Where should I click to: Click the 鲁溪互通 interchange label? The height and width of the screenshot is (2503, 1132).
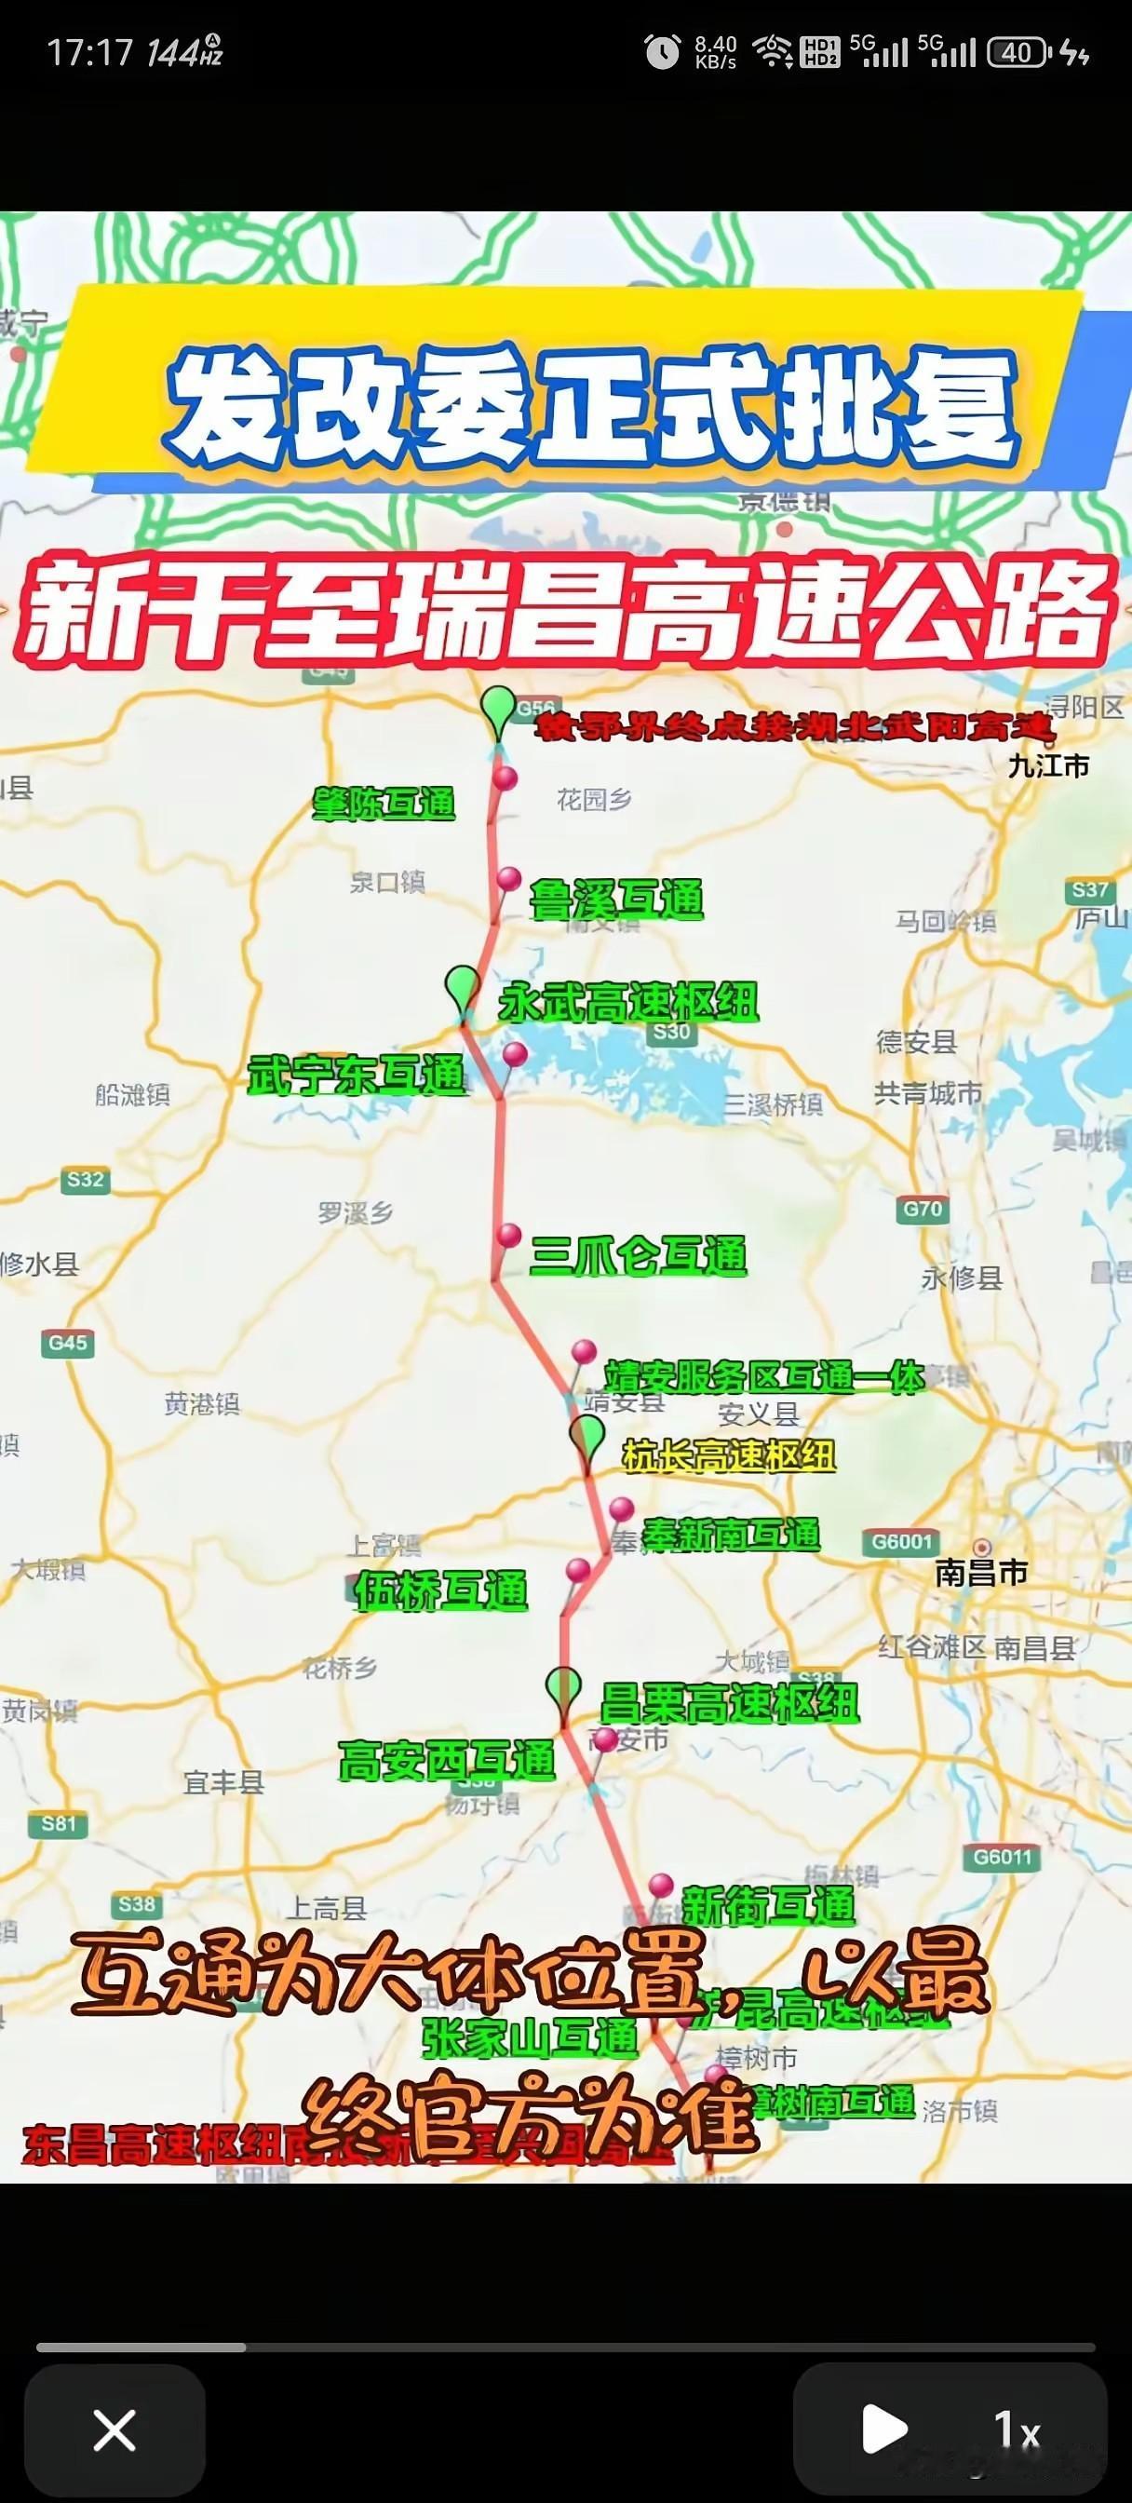[x=616, y=900]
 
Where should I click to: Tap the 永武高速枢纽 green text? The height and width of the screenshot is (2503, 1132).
[x=627, y=1002]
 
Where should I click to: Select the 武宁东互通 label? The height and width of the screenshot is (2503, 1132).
[x=357, y=1076]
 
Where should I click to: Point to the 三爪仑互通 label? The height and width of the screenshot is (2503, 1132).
[x=639, y=1255]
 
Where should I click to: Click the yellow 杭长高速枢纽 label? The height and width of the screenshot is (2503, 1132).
[x=729, y=1455]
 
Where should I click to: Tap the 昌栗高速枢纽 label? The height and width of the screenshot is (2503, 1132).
[x=729, y=1702]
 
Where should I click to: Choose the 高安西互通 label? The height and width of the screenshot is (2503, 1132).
[x=446, y=1760]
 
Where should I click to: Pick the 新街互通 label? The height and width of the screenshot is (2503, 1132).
[x=769, y=1905]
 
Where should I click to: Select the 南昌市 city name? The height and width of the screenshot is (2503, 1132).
[x=981, y=1572]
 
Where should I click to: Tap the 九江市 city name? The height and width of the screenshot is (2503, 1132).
[x=1048, y=766]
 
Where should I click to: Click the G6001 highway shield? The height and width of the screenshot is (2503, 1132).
[x=902, y=1541]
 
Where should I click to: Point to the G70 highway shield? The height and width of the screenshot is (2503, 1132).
[x=923, y=1209]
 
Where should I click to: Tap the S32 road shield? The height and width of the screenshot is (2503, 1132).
[x=85, y=1180]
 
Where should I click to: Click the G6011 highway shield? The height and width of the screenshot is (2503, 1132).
[x=1002, y=1858]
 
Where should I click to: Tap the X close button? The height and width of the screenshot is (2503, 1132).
[x=114, y=2431]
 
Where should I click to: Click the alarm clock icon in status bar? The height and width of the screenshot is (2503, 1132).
[x=663, y=51]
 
